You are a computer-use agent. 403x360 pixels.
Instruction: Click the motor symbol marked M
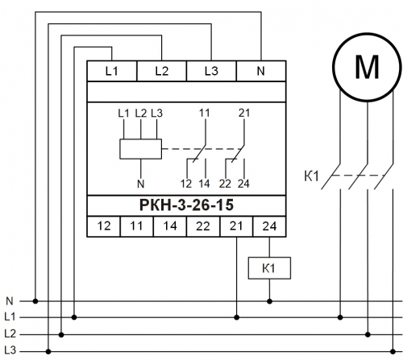(x=368, y=67)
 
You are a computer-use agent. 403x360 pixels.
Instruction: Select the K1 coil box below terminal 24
(x=269, y=268)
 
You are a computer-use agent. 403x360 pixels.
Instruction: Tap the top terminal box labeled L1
(x=112, y=71)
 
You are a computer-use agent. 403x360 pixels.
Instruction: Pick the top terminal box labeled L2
(x=162, y=71)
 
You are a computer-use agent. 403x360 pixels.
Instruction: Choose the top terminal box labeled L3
(x=211, y=71)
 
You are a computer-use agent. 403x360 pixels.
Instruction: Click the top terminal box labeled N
(x=261, y=71)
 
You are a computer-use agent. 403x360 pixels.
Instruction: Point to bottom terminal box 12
(x=104, y=226)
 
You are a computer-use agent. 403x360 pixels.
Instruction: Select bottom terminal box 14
(x=170, y=226)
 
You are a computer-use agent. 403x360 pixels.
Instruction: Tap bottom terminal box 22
(x=203, y=226)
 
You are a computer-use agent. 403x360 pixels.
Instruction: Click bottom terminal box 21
(x=236, y=226)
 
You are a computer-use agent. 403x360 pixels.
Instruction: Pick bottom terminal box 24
(x=269, y=226)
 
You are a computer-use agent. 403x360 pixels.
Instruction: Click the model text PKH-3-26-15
(x=186, y=205)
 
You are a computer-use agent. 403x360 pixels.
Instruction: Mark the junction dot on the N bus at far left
(x=35, y=301)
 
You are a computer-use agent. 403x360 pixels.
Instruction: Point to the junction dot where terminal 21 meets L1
(x=236, y=317)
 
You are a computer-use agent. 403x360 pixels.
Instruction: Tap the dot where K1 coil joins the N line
(x=269, y=301)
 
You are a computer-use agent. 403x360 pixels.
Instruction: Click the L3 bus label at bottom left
(x=10, y=350)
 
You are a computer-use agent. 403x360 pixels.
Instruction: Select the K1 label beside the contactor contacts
(x=311, y=176)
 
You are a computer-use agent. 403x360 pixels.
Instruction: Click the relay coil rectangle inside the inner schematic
(x=140, y=149)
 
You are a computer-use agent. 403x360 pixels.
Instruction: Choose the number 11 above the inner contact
(x=205, y=113)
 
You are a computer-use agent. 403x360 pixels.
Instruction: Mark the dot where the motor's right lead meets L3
(x=393, y=351)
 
